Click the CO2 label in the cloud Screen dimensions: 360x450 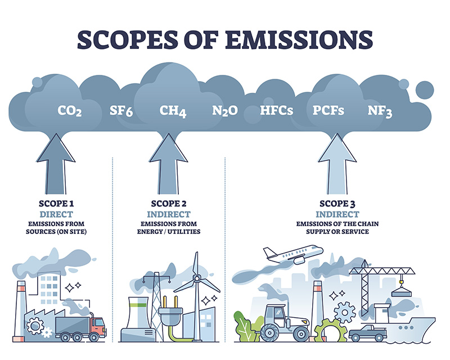pyautogui.click(x=70, y=110)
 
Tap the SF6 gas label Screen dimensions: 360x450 pyautogui.click(x=121, y=110)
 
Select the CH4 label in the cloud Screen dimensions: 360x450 pyautogui.click(x=173, y=110)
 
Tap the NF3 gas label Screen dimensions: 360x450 pyautogui.click(x=380, y=110)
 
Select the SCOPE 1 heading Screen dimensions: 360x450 pyautogui.click(x=56, y=204)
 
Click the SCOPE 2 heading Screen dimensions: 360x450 pyautogui.click(x=169, y=204)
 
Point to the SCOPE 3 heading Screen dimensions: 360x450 pyautogui.click(x=336, y=204)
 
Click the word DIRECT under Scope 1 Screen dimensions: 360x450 pyautogui.click(x=56, y=214)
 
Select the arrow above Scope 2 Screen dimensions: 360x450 pyautogui.click(x=169, y=163)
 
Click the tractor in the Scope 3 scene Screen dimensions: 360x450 pyautogui.click(x=285, y=321)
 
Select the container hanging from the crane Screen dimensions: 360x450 pyautogui.click(x=400, y=291)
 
